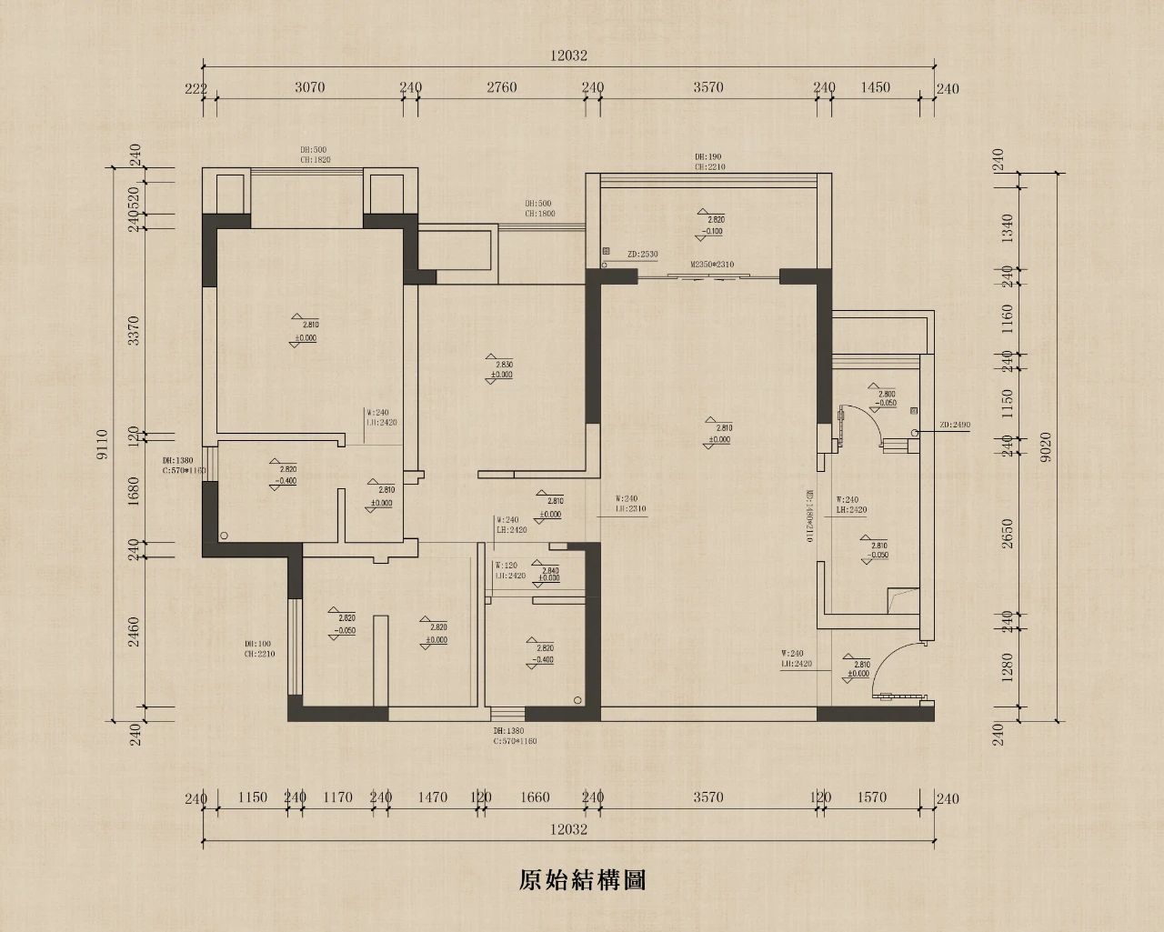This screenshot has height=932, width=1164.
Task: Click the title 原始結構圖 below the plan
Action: pos(582,880)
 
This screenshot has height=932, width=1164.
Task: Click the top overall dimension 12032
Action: pos(568,55)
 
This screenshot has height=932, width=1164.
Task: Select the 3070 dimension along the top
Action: pos(310,88)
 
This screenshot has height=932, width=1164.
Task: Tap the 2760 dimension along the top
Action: pos(501,88)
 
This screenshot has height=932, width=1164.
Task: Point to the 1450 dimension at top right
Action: pos(875,88)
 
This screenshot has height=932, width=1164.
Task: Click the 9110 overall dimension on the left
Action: pos(103,445)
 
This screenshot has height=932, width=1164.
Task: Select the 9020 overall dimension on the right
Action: pos(1048,445)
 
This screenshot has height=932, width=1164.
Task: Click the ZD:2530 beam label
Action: pos(642,255)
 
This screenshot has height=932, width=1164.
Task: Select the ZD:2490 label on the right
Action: pos(955,425)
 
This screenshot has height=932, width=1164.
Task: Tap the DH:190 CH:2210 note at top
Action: pos(709,162)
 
